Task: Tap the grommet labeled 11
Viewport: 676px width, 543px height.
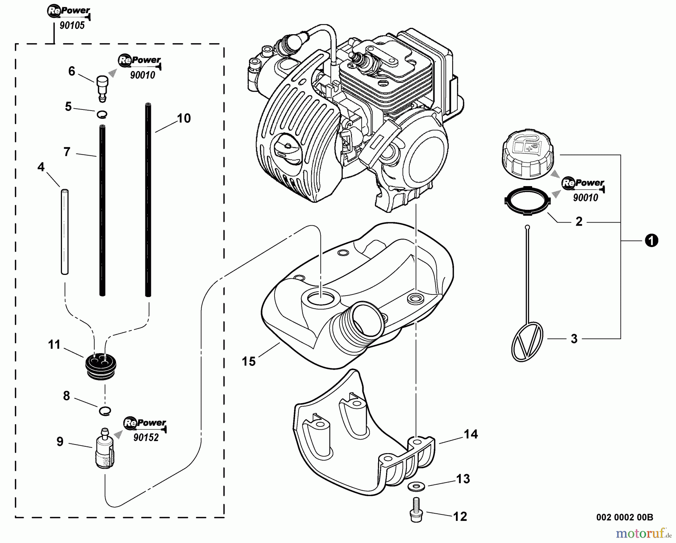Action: tap(101, 364)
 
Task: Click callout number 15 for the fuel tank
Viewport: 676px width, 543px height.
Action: tap(249, 361)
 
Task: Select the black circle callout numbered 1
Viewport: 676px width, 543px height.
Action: tap(651, 240)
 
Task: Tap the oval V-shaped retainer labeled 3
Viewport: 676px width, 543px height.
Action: tap(527, 341)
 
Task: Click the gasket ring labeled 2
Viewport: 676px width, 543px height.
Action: tap(526, 202)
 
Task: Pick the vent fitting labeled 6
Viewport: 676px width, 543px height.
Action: tap(101, 87)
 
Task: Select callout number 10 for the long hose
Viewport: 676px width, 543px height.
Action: tap(184, 118)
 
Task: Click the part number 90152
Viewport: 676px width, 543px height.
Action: tap(146, 438)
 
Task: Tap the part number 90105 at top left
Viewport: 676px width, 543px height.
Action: tap(72, 26)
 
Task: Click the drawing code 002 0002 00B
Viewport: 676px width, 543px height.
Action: tap(624, 517)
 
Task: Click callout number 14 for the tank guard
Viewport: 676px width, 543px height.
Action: tap(471, 434)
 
